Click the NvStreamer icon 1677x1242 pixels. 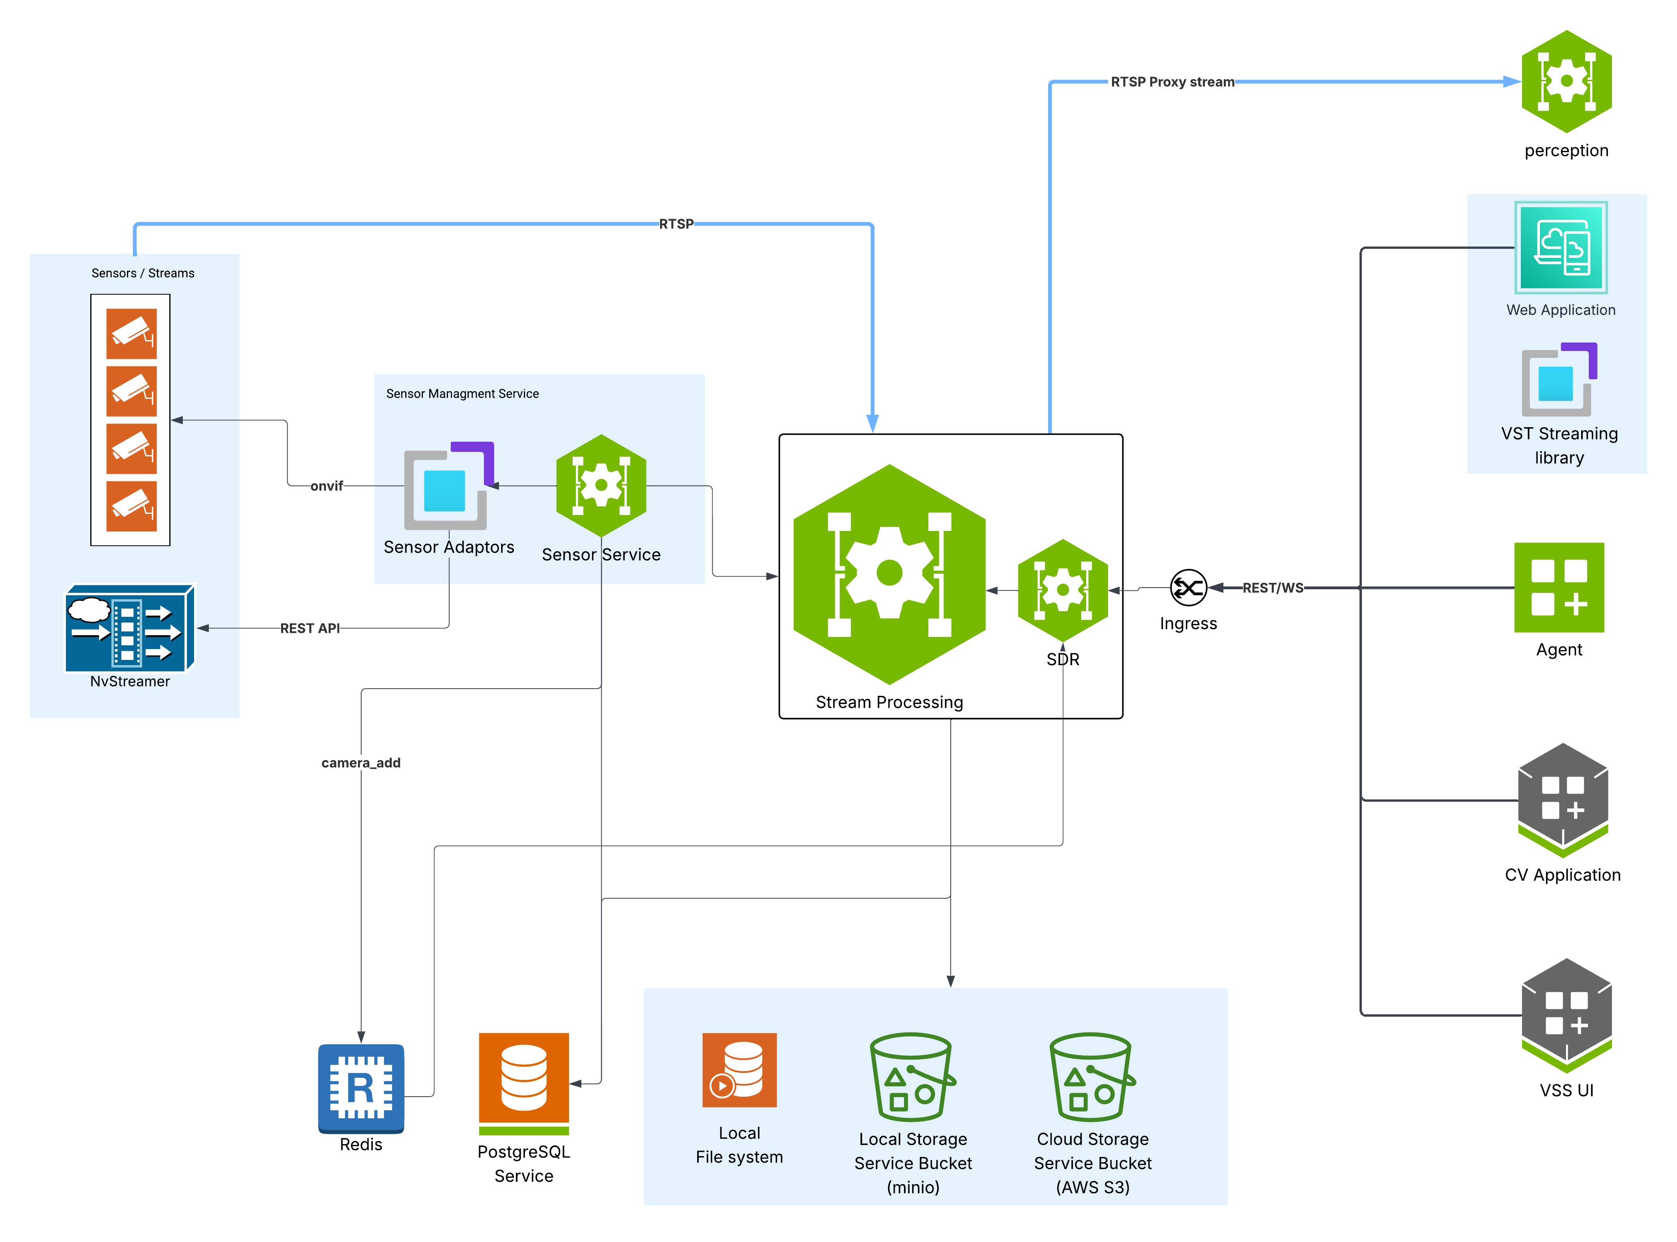point(129,628)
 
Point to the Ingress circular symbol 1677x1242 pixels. point(1188,587)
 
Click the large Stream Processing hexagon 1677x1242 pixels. point(890,574)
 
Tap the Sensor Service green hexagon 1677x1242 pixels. point(601,485)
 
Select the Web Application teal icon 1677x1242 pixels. point(1560,248)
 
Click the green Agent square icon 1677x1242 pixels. point(1559,587)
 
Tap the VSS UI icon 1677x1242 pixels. point(1566,1015)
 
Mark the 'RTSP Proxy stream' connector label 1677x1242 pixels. point(1172,82)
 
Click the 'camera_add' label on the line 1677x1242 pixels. point(361,763)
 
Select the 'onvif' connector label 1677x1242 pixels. point(326,486)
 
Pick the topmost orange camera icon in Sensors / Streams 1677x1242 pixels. point(132,333)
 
